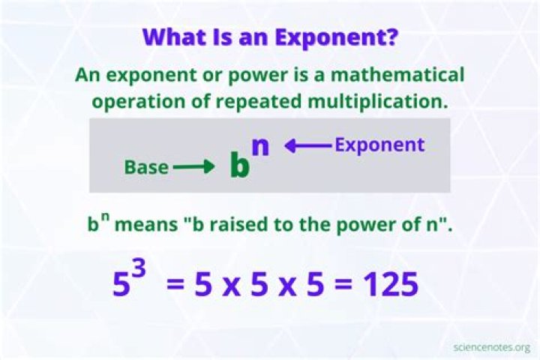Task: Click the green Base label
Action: click(x=146, y=167)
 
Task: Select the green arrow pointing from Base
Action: click(x=193, y=167)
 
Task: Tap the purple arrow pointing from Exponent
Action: click(x=307, y=146)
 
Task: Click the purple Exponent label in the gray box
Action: click(x=379, y=145)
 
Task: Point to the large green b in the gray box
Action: click(x=239, y=166)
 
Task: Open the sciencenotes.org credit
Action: click(x=492, y=346)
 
